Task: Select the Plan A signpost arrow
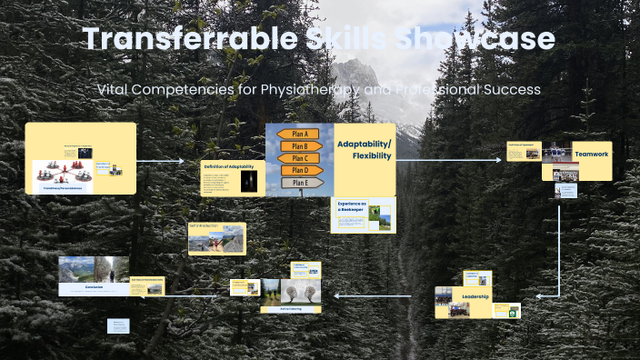301,135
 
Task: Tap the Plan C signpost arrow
301,158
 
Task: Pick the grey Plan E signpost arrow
301,182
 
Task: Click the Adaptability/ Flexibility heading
364,150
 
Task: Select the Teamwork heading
591,155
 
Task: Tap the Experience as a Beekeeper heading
351,207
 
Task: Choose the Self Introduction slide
216,238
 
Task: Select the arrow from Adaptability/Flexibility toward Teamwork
449,160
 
